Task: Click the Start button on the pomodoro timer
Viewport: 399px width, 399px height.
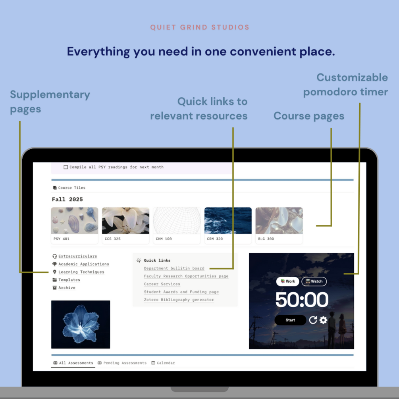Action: point(290,320)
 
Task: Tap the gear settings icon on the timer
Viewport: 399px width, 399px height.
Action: point(323,320)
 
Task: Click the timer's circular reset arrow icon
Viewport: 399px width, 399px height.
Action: point(313,320)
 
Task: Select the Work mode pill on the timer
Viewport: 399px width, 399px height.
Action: point(287,281)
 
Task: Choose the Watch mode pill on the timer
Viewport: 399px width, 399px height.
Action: point(314,281)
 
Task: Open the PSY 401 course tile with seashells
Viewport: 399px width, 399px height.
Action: point(75,226)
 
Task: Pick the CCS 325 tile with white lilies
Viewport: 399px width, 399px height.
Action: point(126,226)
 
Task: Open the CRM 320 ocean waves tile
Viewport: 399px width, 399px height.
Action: point(228,226)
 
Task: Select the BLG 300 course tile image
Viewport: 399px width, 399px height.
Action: point(279,221)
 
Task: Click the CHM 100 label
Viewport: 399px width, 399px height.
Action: point(164,239)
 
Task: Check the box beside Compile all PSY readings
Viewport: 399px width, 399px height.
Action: point(66,167)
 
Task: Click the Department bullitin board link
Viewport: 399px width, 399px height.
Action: point(174,268)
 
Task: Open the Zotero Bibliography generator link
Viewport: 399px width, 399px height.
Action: point(179,300)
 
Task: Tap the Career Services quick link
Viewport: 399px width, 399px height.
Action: point(162,284)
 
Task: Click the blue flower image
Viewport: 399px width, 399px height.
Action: point(81,324)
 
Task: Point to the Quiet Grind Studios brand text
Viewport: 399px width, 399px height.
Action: point(200,27)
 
